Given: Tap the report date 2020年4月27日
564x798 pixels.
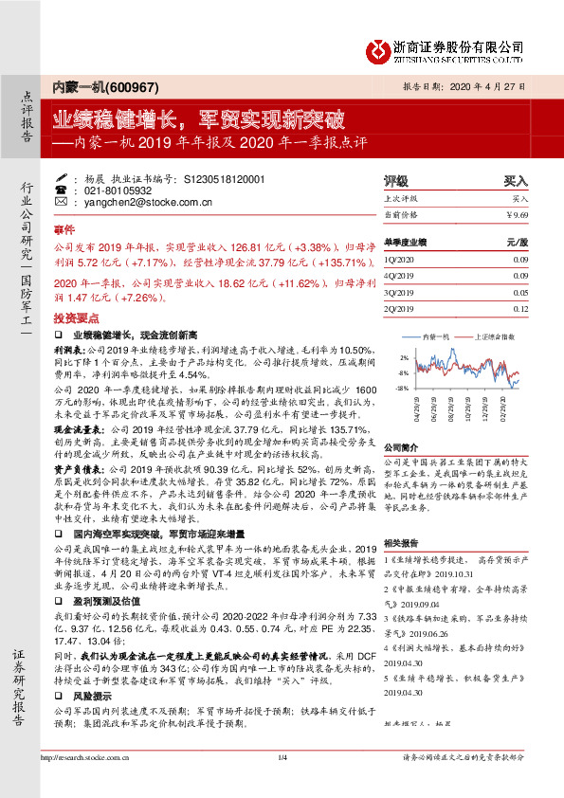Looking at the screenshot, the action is click(494, 84).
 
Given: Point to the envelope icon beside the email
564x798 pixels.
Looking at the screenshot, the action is click(61, 203).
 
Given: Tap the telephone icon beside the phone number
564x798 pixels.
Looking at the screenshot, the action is click(61, 190).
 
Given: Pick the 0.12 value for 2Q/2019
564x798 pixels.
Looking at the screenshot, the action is click(519, 309).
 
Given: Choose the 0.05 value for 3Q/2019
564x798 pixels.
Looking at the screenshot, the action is click(519, 293).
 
